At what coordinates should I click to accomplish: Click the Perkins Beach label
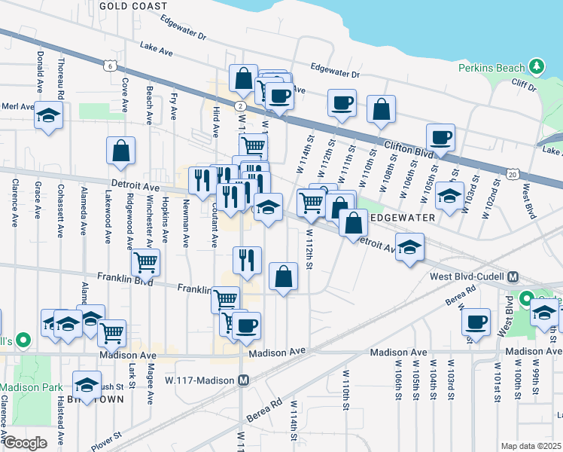click(491, 68)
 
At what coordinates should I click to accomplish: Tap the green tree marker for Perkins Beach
click(537, 67)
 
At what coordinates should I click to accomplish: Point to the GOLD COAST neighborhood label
click(133, 6)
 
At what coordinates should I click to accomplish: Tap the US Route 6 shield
click(111, 66)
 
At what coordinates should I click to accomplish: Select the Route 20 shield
click(513, 175)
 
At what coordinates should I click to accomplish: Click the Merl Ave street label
click(17, 106)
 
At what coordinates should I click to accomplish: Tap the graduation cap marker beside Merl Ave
click(48, 115)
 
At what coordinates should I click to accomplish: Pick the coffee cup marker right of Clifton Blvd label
click(440, 137)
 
